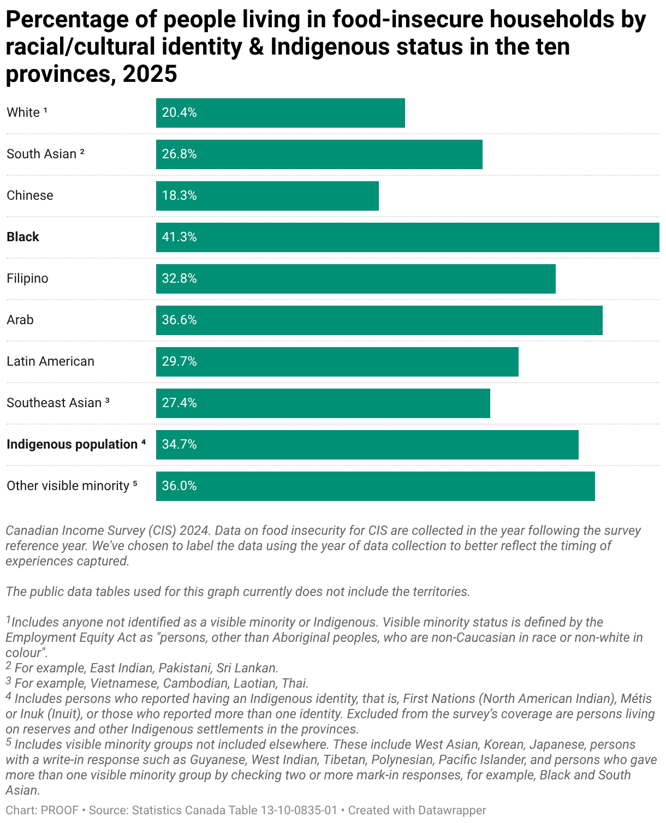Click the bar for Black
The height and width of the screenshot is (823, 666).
407,237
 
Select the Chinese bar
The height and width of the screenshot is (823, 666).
267,196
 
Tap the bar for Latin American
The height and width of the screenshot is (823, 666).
337,362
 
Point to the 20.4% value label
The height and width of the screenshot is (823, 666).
180,113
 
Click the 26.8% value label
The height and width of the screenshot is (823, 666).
180,154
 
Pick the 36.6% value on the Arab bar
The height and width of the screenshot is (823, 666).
180,320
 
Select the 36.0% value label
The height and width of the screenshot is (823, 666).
180,486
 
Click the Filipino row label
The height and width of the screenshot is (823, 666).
27,278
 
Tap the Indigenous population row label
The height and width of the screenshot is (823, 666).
72,444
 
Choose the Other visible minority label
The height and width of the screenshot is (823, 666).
68,486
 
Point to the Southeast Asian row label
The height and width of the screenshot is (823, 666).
54,403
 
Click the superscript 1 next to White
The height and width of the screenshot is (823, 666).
45,110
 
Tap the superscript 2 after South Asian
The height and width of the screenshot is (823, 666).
82,152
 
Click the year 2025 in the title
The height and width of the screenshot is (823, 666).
150,74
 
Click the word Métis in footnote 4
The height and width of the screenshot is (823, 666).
636,699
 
